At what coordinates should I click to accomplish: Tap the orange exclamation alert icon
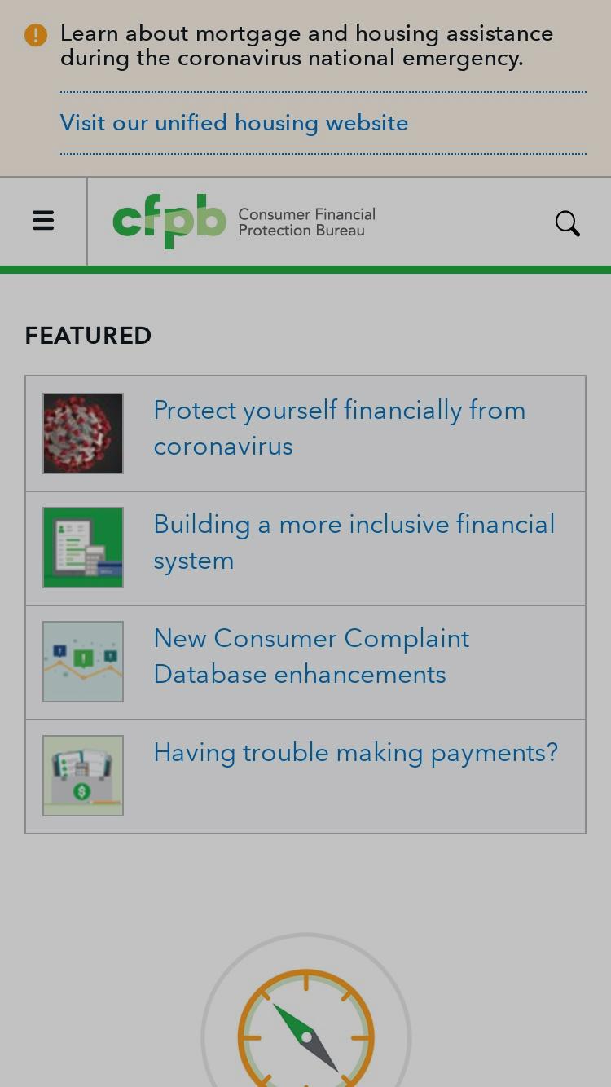coord(35,35)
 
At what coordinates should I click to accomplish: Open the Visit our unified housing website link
coord(234,123)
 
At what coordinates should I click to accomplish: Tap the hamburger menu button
coord(43,221)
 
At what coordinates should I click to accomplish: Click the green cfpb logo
coord(169,221)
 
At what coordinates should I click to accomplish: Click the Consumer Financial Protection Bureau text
coord(306,222)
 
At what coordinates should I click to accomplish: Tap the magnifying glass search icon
coord(567,223)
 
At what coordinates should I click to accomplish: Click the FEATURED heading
coord(88,336)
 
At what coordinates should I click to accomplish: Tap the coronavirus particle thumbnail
coord(83,433)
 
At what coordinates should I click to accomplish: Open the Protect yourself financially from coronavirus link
coord(339,428)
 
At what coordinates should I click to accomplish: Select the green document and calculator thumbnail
coord(83,548)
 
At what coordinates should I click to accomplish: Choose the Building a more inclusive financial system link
coord(354,542)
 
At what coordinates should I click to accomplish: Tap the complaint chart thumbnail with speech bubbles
coord(83,662)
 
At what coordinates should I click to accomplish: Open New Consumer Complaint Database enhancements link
coord(311,656)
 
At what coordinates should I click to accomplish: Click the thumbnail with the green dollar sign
coord(83,776)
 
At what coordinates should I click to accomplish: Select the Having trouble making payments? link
coord(356,753)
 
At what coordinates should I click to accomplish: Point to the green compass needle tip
coord(274,1004)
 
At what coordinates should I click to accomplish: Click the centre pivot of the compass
coord(306,1037)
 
